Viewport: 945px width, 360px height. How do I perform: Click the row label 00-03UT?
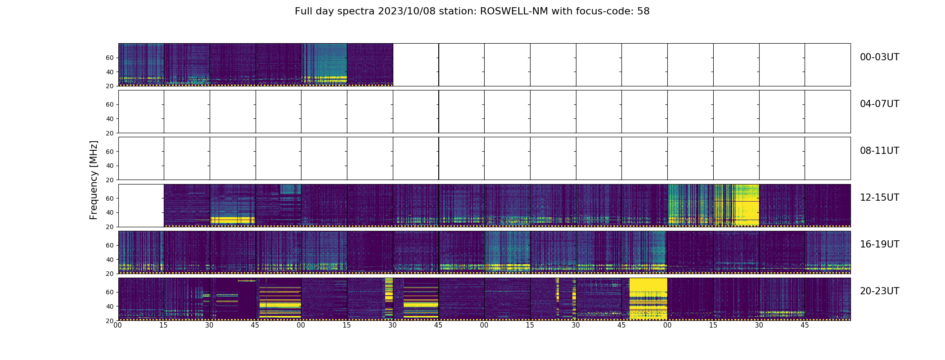pyautogui.click(x=879, y=57)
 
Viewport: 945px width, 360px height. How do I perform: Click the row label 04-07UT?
pyautogui.click(x=879, y=104)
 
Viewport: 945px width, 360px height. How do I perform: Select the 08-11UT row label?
pyautogui.click(x=879, y=151)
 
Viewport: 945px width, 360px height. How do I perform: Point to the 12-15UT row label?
pyautogui.click(x=879, y=198)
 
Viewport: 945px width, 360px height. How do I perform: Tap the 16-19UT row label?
pyautogui.click(x=879, y=244)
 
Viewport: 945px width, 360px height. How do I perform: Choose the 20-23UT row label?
pyautogui.click(x=879, y=291)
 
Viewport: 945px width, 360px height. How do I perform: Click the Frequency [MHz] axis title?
pyautogui.click(x=94, y=180)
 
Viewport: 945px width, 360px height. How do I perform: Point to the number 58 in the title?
pyautogui.click(x=643, y=11)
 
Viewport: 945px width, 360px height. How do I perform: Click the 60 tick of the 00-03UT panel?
pyautogui.click(x=110, y=58)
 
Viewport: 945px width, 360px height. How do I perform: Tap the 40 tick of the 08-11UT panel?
pyautogui.click(x=110, y=166)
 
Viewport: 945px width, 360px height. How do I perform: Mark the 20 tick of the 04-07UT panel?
pyautogui.click(x=110, y=133)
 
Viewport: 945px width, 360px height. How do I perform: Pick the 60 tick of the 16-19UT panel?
pyautogui.click(x=110, y=245)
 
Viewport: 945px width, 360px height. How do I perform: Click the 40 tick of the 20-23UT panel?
pyautogui.click(x=110, y=306)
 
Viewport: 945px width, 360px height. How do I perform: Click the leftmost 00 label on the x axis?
pyautogui.click(x=118, y=325)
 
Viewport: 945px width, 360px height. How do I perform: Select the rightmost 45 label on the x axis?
pyautogui.click(x=805, y=325)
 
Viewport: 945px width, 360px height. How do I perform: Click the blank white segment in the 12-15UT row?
pyautogui.click(x=141, y=205)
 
